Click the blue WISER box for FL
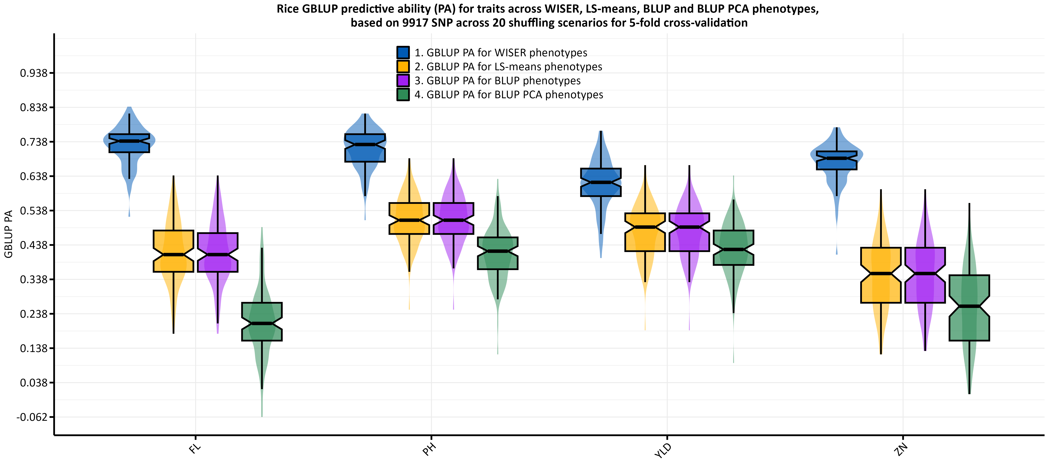pyautogui.click(x=129, y=143)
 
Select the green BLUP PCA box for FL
pyautogui.click(x=262, y=322)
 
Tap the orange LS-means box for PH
pyautogui.click(x=409, y=219)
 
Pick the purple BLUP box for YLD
pyautogui.click(x=689, y=232)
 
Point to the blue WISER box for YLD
pyautogui.click(x=601, y=182)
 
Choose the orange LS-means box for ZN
pyautogui.click(x=881, y=275)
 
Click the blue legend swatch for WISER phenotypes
pyautogui.click(x=403, y=52)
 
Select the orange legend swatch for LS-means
pyautogui.click(x=403, y=66)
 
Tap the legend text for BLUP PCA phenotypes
pyautogui.click(x=509, y=95)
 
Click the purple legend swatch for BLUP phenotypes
pyautogui.click(x=403, y=81)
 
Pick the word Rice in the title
pyautogui.click(x=288, y=9)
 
